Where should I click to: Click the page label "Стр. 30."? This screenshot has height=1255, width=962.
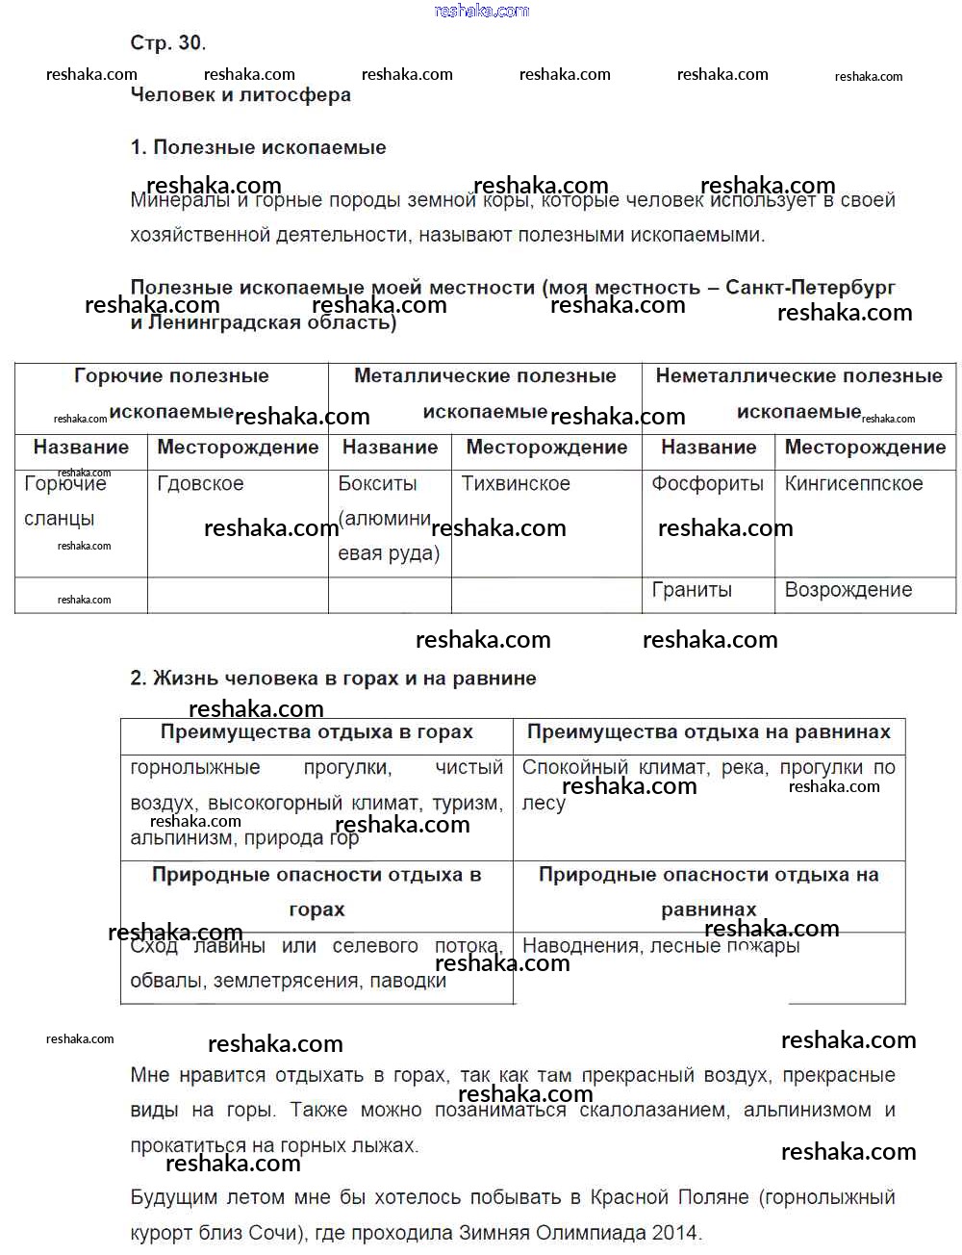point(167,42)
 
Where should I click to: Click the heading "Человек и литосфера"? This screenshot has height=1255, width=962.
point(240,94)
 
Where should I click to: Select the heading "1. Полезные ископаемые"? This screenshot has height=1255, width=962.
point(258,147)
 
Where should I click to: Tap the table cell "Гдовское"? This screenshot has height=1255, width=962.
point(200,483)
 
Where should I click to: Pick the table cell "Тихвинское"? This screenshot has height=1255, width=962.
point(516,483)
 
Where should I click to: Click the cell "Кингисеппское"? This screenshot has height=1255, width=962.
point(853,483)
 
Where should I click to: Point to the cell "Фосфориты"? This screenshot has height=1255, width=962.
point(707,483)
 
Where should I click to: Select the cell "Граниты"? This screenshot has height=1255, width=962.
point(692,590)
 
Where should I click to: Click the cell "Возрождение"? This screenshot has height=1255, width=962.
point(848,590)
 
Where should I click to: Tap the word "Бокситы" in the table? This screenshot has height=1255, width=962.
point(377,483)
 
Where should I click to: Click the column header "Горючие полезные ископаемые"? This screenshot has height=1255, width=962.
point(171,394)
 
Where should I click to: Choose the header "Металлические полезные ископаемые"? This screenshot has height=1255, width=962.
point(485,394)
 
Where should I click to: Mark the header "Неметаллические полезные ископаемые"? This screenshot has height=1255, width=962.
point(798,394)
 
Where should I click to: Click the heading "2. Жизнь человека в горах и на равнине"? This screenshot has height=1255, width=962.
point(333,678)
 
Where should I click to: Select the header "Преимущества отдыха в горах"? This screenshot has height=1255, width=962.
point(316,732)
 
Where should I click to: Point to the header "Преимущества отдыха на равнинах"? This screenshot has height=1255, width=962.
point(708,732)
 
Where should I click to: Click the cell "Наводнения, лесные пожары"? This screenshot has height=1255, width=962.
point(660,946)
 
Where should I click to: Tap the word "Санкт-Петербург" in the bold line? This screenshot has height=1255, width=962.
point(810,287)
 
